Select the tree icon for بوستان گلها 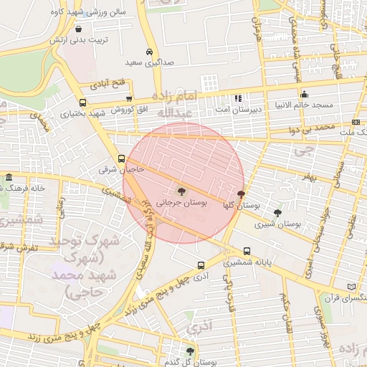240,194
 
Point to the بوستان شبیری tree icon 277,212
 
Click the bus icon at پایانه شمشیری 247,252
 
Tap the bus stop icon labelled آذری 201,264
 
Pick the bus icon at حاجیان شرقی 121,159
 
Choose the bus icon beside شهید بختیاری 83,103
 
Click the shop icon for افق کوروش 129,99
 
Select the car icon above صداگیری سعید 148,52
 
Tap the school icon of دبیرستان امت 238,98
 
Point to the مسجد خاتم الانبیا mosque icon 304,93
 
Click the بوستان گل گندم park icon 189,351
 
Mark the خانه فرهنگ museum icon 9,177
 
